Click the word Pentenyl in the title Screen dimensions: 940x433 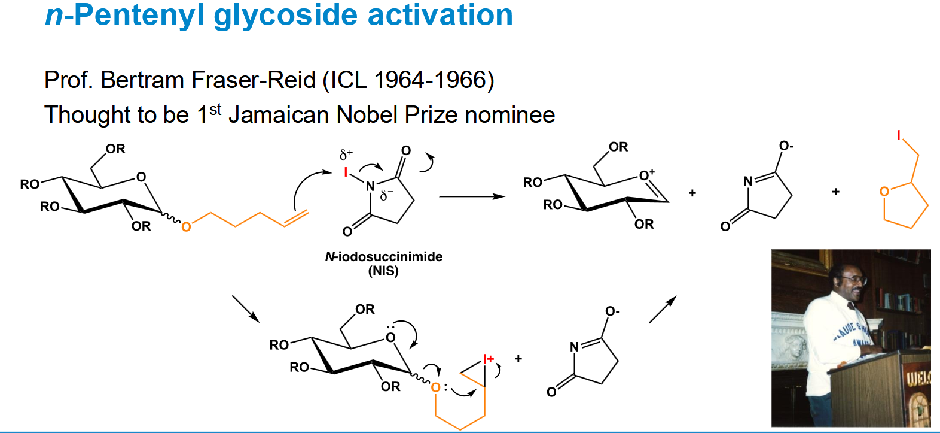(x=139, y=16)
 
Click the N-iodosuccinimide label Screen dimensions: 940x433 (x=383, y=256)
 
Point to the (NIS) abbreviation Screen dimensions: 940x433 (x=383, y=271)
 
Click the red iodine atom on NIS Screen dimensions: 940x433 (x=346, y=172)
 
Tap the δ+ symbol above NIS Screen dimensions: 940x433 (x=346, y=155)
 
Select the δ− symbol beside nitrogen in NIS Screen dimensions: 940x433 (x=386, y=195)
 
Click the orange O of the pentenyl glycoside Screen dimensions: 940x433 (x=186, y=227)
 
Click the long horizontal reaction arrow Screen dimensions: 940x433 (x=472, y=196)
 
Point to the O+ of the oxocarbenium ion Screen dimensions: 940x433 (x=646, y=175)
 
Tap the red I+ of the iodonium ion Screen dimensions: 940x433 (x=488, y=359)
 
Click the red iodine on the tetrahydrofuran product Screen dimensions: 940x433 (x=899, y=135)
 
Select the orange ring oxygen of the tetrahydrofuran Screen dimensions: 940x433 (x=884, y=192)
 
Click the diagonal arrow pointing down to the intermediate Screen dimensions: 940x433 (x=246, y=309)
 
